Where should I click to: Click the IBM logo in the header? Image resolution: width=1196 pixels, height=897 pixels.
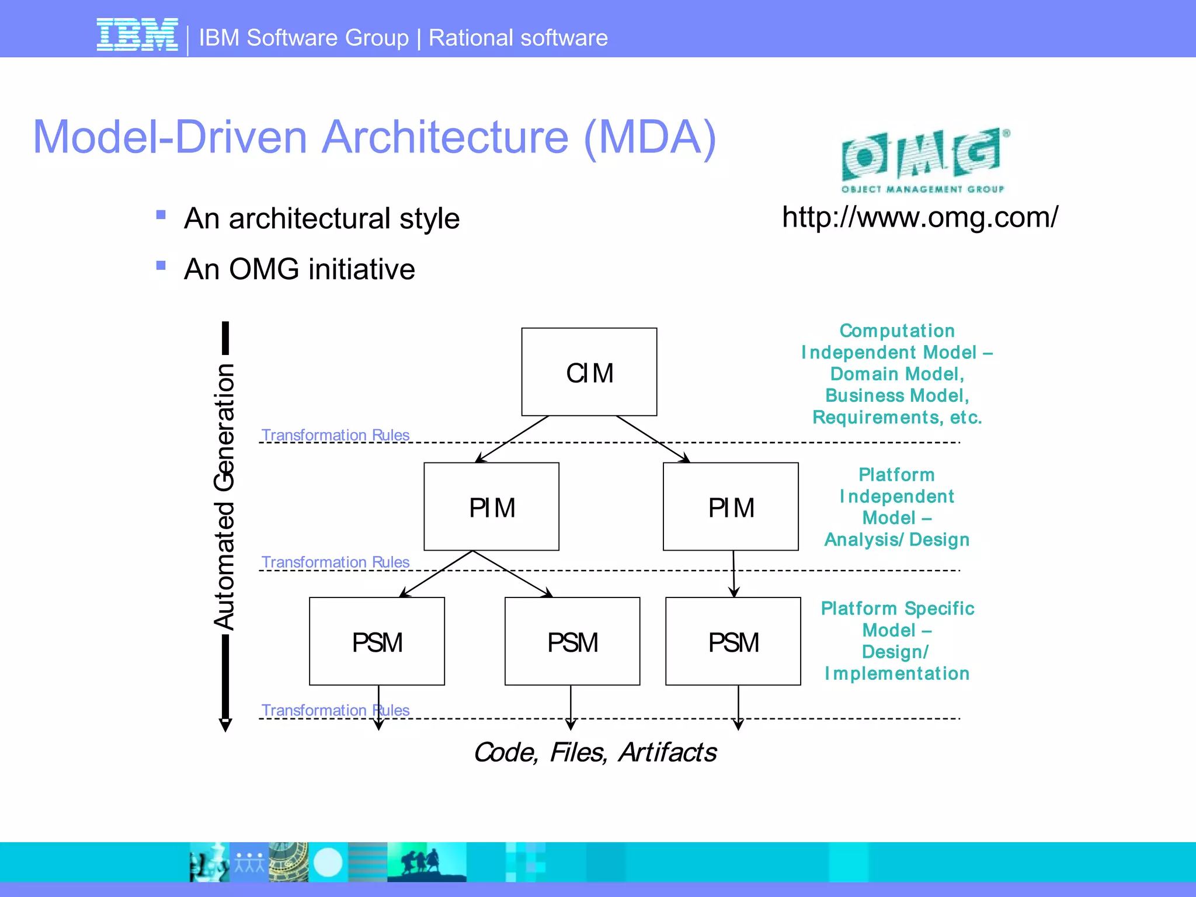click(x=137, y=35)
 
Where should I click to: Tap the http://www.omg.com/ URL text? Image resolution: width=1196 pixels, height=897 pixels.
click(x=920, y=217)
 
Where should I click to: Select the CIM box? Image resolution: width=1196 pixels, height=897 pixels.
click(x=589, y=372)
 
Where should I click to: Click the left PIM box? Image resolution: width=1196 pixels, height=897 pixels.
click(x=491, y=506)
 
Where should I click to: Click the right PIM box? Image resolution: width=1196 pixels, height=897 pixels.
click(x=731, y=506)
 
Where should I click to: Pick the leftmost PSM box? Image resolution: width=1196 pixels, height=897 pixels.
click(x=377, y=641)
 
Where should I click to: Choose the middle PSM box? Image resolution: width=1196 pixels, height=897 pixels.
click(x=572, y=641)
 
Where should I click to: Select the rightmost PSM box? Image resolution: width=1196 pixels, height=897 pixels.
click(x=733, y=641)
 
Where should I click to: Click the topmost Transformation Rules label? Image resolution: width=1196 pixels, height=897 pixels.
click(x=335, y=435)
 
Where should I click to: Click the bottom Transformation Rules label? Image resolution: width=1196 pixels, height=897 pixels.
click(x=335, y=710)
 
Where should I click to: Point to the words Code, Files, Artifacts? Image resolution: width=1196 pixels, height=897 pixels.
click(x=594, y=752)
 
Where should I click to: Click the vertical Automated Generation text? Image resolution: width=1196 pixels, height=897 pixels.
click(x=224, y=496)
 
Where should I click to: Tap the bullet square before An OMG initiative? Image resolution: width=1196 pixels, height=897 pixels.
click(x=161, y=266)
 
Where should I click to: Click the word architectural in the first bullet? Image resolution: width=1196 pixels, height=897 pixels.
click(x=310, y=218)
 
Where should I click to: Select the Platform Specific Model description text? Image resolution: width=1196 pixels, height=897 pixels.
click(x=897, y=641)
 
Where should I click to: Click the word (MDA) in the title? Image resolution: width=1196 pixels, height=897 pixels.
click(x=649, y=137)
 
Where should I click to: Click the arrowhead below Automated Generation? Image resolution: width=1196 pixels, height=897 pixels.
click(x=225, y=725)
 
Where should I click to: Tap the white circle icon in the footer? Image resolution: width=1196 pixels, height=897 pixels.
click(x=328, y=862)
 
